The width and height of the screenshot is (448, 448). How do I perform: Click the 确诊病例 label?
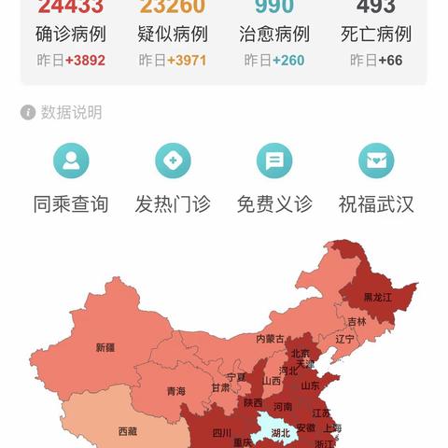tap(71, 35)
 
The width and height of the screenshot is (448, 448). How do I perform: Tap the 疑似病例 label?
tap(172, 35)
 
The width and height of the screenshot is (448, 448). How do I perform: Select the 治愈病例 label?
tap(273, 35)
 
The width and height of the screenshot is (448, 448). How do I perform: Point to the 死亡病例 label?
tap(376, 35)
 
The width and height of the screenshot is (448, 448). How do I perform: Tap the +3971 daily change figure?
tap(189, 60)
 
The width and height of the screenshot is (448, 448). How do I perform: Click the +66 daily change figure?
tap(390, 60)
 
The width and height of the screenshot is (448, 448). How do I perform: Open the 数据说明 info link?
tap(62, 113)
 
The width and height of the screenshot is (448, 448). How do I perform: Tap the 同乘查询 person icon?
tap(71, 161)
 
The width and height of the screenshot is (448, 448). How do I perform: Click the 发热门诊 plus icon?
tap(172, 161)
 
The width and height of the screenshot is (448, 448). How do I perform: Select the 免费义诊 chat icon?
tap(273, 161)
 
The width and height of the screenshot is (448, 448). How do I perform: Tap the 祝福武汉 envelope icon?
tap(376, 161)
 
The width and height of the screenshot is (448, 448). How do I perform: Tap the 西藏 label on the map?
tap(127, 431)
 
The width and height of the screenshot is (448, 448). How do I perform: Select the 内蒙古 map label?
tap(271, 339)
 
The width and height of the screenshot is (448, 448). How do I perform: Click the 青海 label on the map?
tap(175, 391)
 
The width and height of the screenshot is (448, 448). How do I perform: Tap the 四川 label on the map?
tap(221, 433)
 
